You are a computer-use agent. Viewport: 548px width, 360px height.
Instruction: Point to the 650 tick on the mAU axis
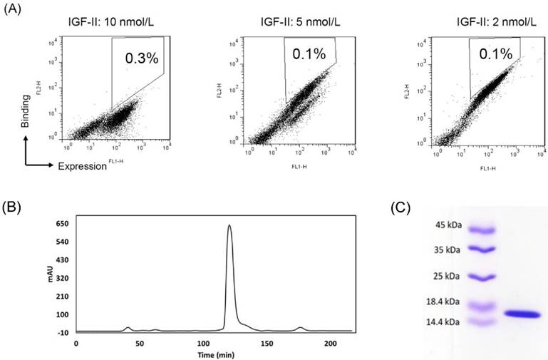(62, 224)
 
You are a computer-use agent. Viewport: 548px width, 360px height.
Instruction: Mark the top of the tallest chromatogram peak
(229, 226)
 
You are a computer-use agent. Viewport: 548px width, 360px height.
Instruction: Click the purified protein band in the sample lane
(522, 314)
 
